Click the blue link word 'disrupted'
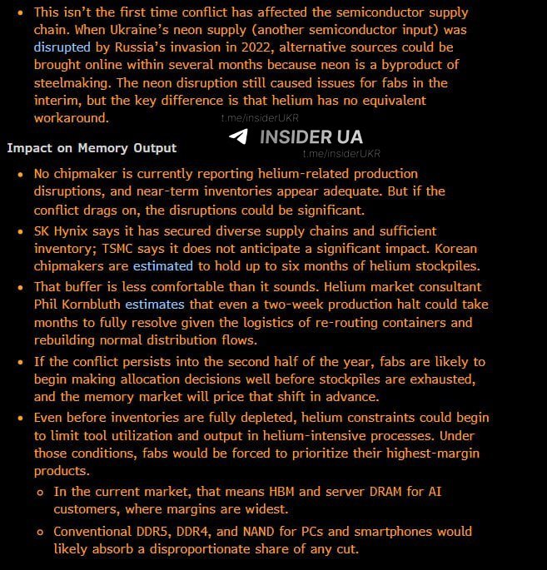61,47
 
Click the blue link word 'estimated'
162,266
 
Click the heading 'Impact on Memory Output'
92,147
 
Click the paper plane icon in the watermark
238,136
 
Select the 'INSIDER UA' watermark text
311,137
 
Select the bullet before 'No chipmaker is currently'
20,175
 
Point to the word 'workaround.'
71,118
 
